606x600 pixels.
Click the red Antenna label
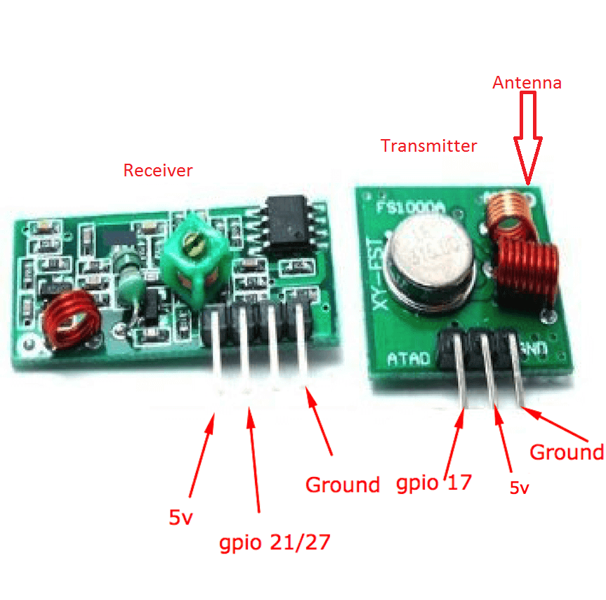527,82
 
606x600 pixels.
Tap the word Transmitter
428,146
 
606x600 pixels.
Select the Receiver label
157,170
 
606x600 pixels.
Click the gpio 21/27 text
274,542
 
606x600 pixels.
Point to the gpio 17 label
434,483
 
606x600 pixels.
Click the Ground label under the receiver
342,484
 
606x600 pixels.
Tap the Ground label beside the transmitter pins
566,452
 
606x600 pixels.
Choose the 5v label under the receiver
180,518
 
